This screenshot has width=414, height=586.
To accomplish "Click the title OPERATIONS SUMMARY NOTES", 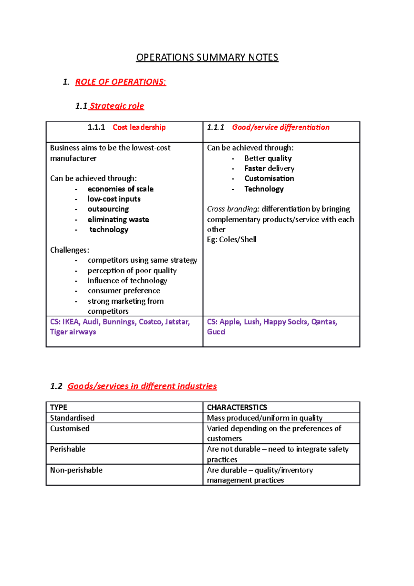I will click(x=207, y=57).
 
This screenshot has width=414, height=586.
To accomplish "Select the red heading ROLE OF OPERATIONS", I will click(x=120, y=82).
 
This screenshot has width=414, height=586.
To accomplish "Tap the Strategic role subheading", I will click(x=117, y=106).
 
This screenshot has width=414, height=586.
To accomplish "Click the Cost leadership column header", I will click(x=139, y=127).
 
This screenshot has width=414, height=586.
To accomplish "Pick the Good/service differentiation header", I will click(x=280, y=127).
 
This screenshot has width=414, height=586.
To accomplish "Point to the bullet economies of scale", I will click(x=120, y=189).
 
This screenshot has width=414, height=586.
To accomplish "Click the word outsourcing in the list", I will click(x=108, y=209).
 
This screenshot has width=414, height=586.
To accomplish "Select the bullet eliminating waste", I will click(x=118, y=219).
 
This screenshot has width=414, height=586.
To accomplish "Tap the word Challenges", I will click(x=69, y=250).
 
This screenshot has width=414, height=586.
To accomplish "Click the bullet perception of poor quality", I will click(x=132, y=271).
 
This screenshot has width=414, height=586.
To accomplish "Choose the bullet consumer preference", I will click(x=124, y=291).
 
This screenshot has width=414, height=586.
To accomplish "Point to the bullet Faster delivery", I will click(x=269, y=168).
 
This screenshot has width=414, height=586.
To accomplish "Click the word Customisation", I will click(x=269, y=178).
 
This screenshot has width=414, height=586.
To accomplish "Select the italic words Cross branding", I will click(x=233, y=209).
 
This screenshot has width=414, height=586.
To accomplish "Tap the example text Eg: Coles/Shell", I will click(x=231, y=240).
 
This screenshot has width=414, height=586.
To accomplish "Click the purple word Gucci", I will click(x=216, y=332).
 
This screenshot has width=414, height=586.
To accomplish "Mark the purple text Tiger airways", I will click(x=73, y=332).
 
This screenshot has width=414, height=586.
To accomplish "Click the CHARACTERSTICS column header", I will click(x=237, y=407).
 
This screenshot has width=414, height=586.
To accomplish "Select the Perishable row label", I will click(x=68, y=449).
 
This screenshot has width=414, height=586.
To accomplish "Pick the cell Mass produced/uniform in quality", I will click(x=265, y=418).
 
